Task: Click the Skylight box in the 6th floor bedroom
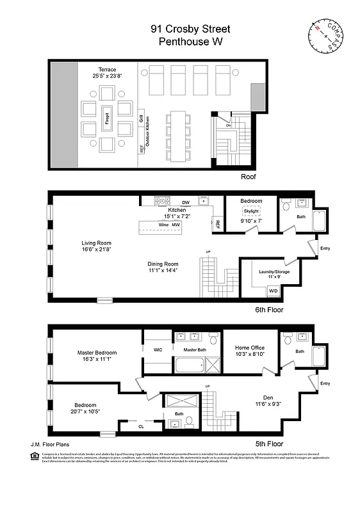(x=251, y=211)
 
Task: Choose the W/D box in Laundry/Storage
(x=273, y=291)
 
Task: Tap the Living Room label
(x=97, y=243)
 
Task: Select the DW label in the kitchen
(x=186, y=202)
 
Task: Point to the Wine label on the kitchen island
(x=163, y=225)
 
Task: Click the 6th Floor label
(x=268, y=309)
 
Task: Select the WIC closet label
(x=158, y=349)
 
